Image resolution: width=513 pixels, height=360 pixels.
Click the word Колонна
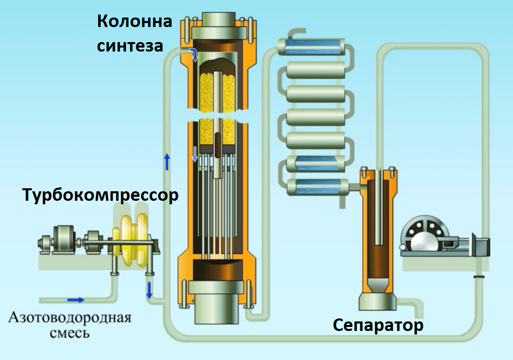(134, 22)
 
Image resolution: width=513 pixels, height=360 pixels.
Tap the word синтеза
(130, 46)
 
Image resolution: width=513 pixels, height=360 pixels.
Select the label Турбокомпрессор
(100, 195)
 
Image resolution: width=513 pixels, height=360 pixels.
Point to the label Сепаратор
(378, 325)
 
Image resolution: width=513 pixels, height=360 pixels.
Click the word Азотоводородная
(70, 317)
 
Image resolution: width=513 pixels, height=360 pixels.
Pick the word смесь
(70, 332)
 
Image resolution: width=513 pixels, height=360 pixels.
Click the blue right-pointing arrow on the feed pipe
(76, 299)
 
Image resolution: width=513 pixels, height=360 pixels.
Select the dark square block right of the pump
(481, 246)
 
